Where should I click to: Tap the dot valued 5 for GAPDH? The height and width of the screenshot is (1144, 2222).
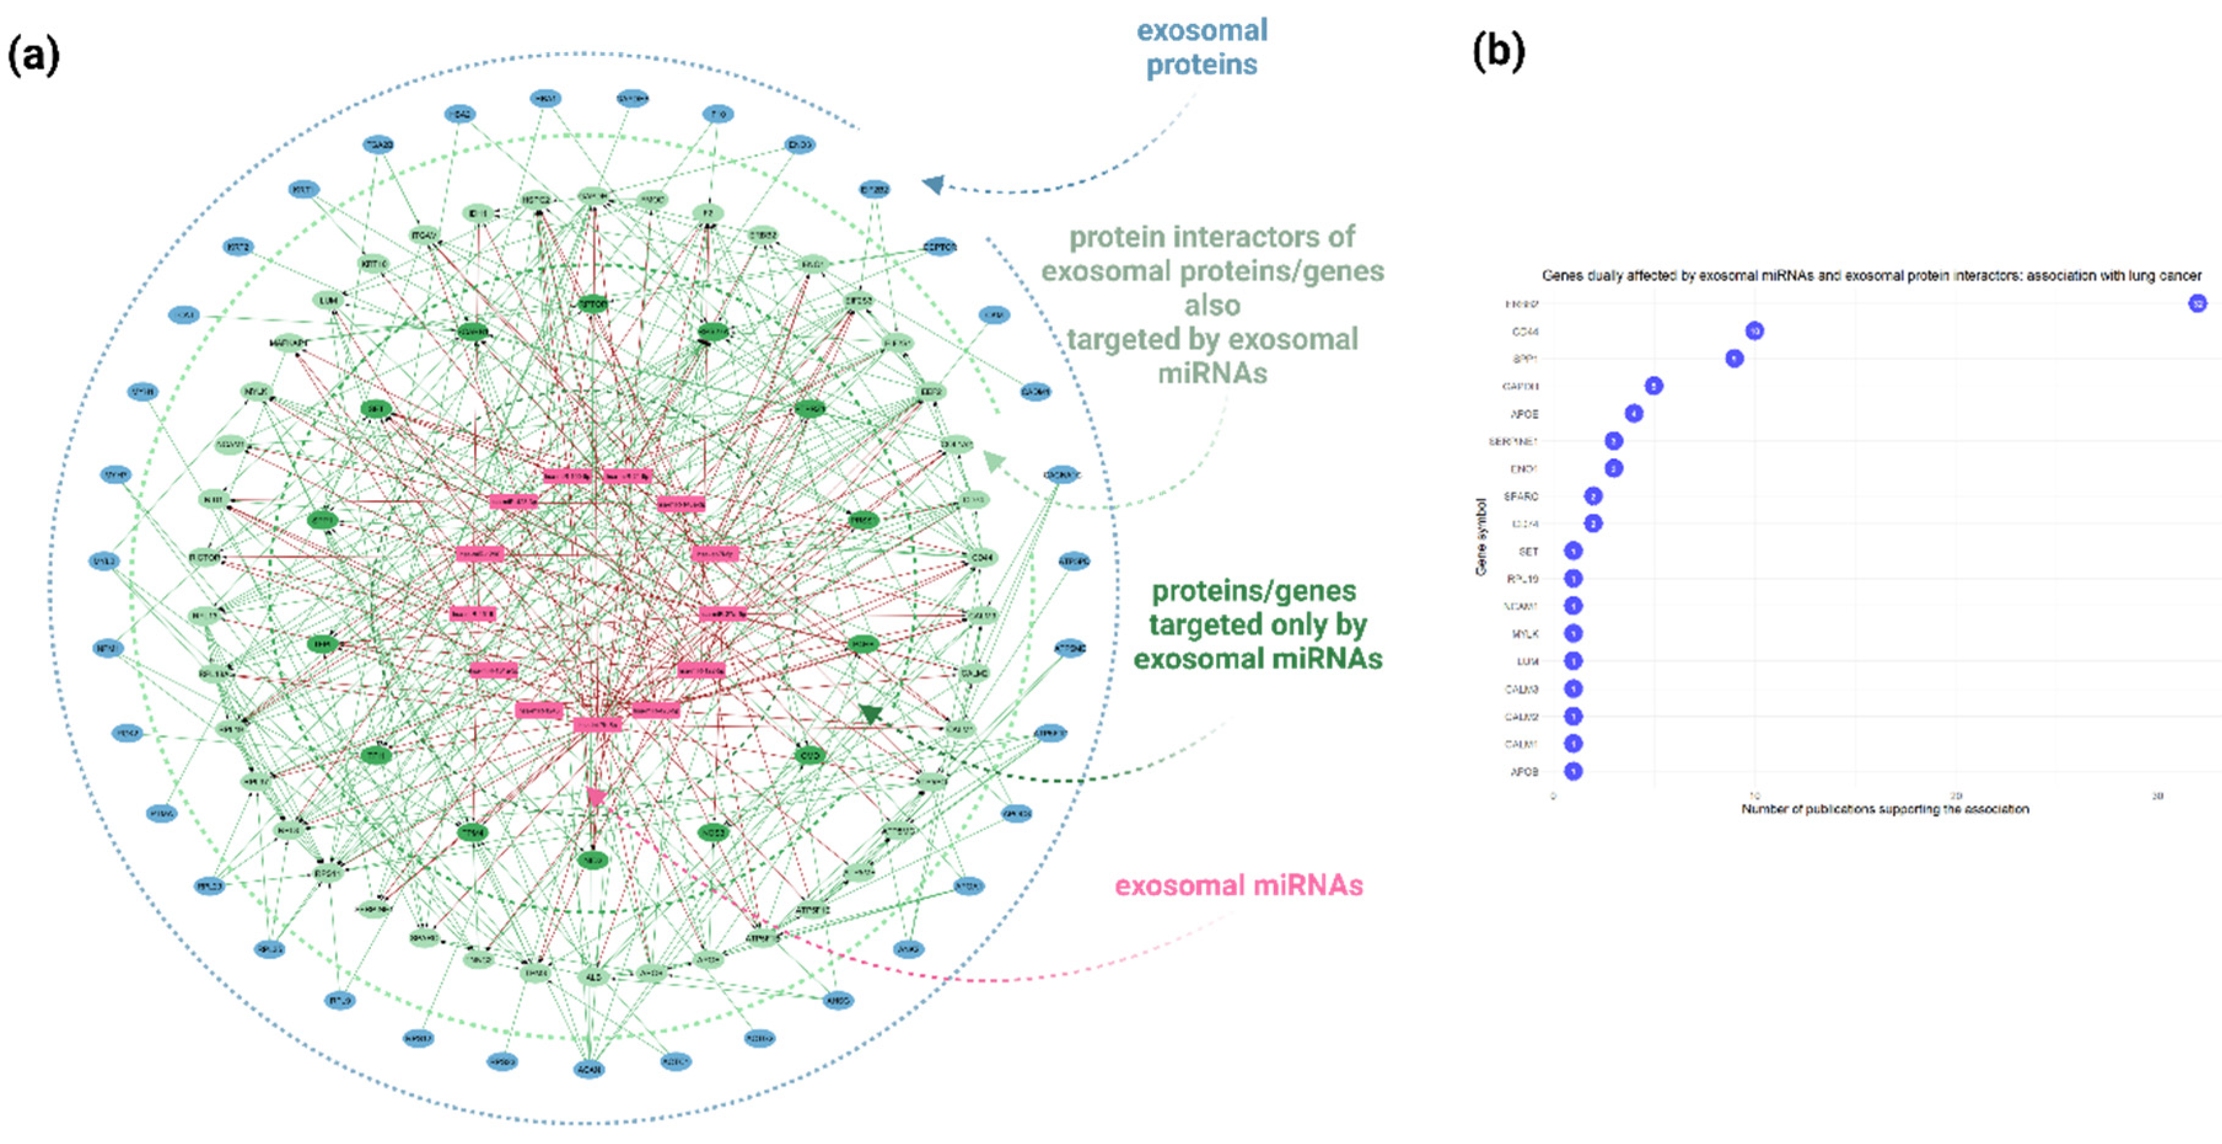(x=1653, y=386)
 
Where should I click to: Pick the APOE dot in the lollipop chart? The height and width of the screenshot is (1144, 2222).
(x=1633, y=413)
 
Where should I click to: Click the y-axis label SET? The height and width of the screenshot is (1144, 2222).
(x=1527, y=551)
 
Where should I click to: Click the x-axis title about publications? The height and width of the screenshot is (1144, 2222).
(x=1885, y=809)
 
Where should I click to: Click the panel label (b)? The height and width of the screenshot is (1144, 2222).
(x=1499, y=52)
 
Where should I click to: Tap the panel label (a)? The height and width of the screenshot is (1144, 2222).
(x=34, y=57)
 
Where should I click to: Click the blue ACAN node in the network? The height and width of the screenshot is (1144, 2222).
(x=589, y=1070)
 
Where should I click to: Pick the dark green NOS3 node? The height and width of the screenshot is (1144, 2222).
(x=714, y=833)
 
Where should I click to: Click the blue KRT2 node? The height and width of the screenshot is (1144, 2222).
(x=239, y=248)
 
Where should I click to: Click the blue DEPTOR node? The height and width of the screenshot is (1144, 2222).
(x=940, y=248)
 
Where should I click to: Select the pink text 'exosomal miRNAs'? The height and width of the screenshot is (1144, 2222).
(x=1239, y=886)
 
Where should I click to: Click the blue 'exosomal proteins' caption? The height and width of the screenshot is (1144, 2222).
(x=1201, y=47)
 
